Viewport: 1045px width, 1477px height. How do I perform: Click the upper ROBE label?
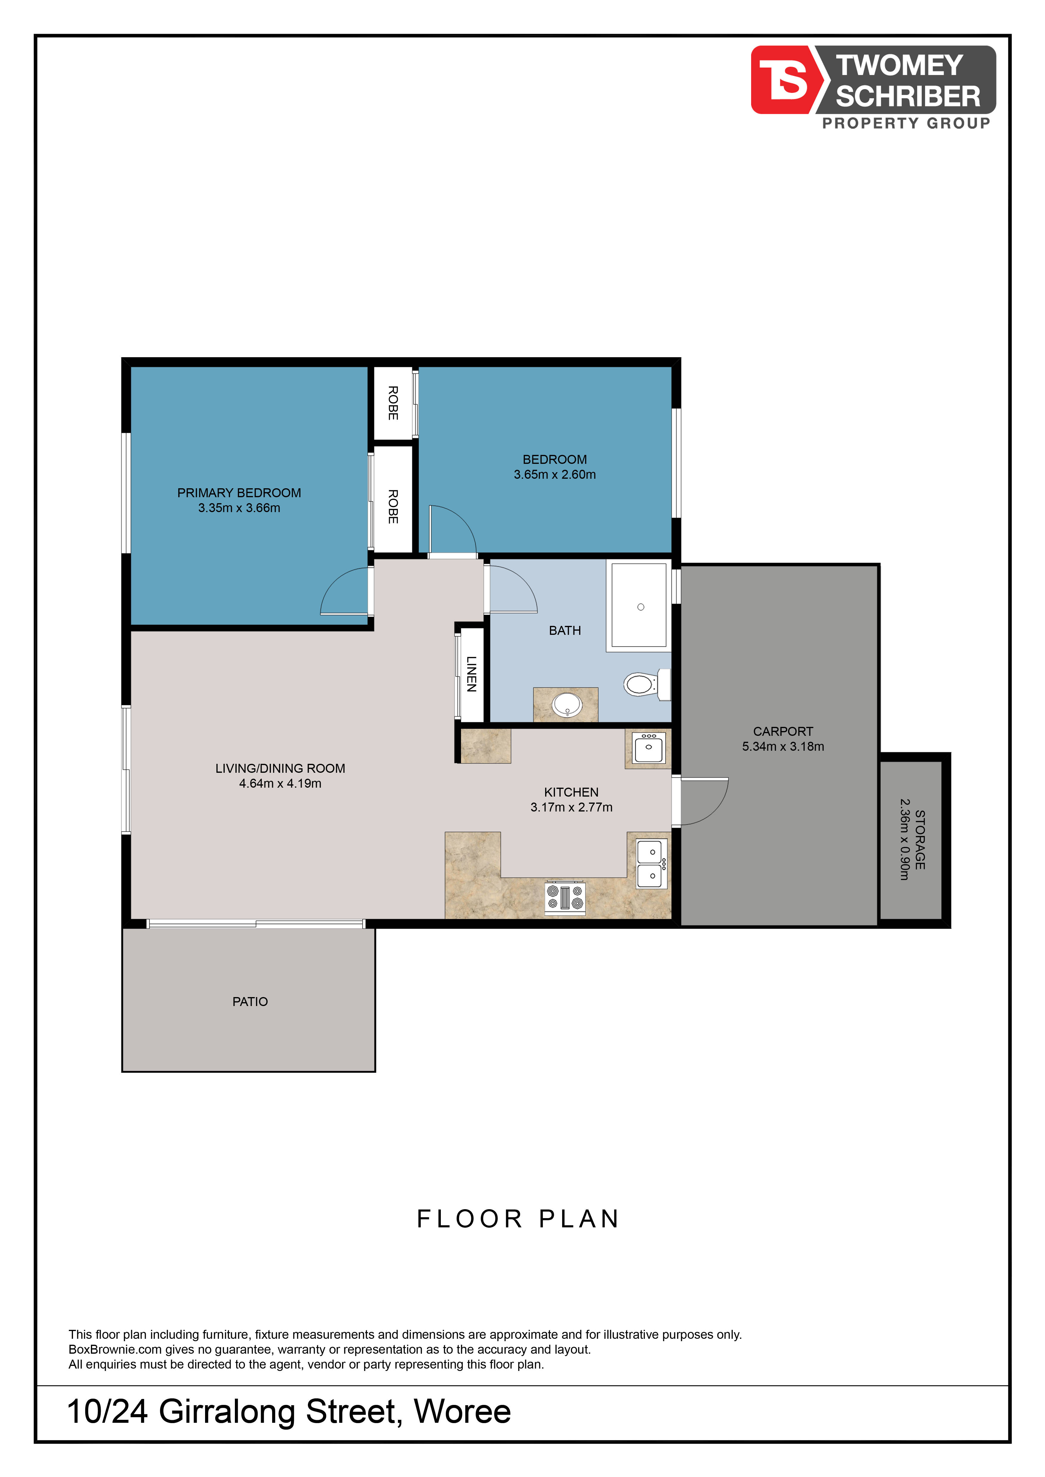(393, 403)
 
